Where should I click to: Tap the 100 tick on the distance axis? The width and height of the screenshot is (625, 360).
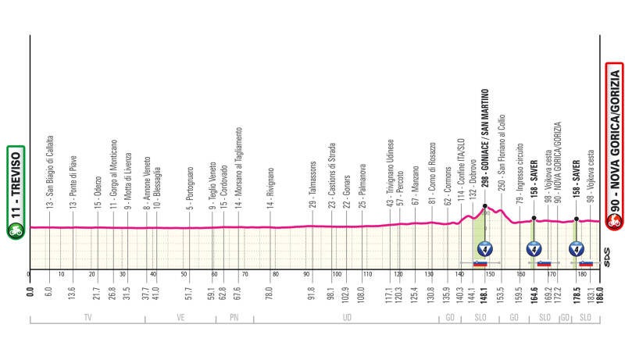pos(337,275)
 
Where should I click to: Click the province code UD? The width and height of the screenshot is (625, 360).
pos(345,319)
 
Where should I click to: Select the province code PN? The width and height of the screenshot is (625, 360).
pos(233,319)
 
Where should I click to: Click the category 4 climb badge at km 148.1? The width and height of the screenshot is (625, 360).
pos(486,250)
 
